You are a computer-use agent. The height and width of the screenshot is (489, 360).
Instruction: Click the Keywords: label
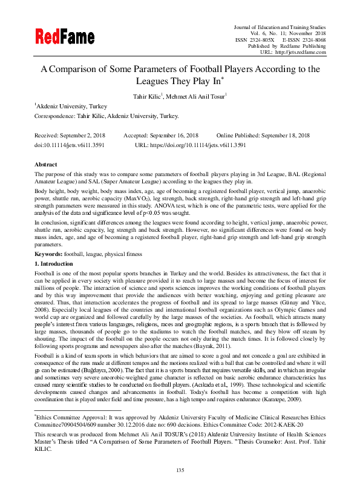click(x=48, y=255)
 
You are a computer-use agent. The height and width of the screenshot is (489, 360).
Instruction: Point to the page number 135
click(x=180, y=470)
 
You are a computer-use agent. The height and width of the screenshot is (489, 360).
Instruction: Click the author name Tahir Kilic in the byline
click(x=148, y=96)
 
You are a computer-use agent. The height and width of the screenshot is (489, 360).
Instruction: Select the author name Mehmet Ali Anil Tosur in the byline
click(x=196, y=96)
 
